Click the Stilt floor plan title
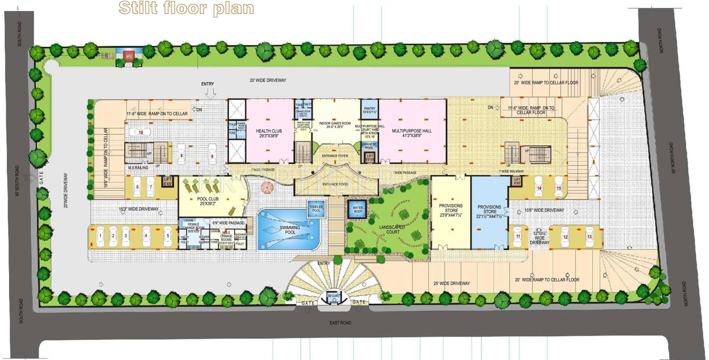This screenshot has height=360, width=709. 186,8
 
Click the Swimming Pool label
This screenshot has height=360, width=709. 287,228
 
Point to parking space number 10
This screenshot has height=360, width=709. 141,132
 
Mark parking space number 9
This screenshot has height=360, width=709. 212,156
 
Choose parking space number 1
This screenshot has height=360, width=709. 100,234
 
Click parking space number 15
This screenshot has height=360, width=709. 558,187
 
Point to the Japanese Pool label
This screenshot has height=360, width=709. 369,145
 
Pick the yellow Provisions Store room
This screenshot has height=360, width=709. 451,212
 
